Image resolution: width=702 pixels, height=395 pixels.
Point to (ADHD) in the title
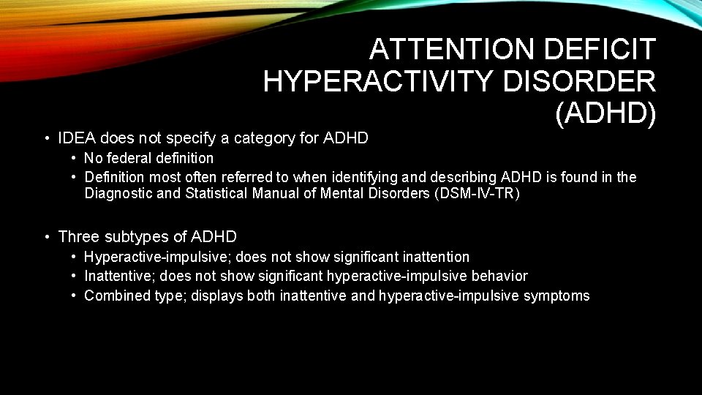click(x=605, y=113)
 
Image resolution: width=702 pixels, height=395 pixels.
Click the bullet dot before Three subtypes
click(x=46, y=236)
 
